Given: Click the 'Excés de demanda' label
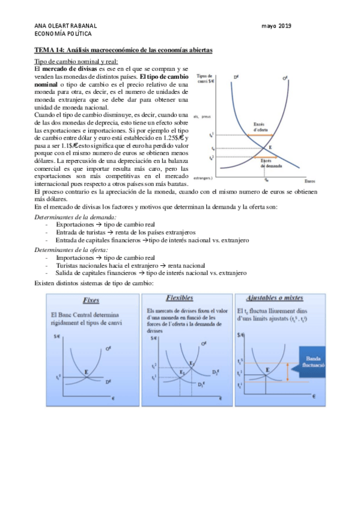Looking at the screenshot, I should pos(267,163).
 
